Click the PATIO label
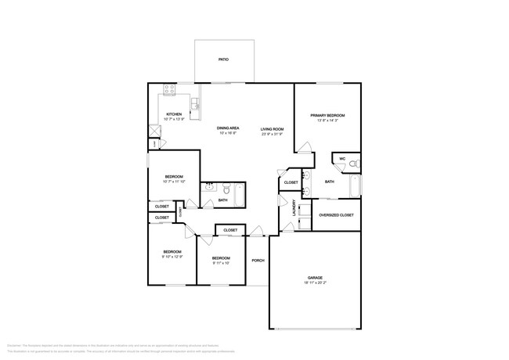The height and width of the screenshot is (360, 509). [x=223, y=59]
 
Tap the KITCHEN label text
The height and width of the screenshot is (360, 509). [x=173, y=114]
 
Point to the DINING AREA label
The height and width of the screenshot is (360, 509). [x=228, y=128]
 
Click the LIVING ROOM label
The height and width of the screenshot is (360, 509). [x=272, y=128]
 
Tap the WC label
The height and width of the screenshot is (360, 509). [x=342, y=159]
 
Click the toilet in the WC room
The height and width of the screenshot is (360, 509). [x=353, y=164]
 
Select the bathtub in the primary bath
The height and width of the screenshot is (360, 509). [x=355, y=186]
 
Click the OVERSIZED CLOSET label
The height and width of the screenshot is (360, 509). [x=337, y=214]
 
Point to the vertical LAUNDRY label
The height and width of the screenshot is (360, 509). [x=294, y=209]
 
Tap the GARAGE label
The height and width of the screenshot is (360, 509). [x=316, y=279]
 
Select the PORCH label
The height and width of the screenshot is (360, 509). [x=258, y=261]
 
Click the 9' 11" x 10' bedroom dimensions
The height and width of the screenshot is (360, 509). [x=220, y=264]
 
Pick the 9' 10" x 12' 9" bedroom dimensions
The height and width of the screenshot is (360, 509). [x=172, y=257]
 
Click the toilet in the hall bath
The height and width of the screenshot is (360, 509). [x=226, y=189]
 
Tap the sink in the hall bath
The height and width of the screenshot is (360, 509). [x=209, y=188]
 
